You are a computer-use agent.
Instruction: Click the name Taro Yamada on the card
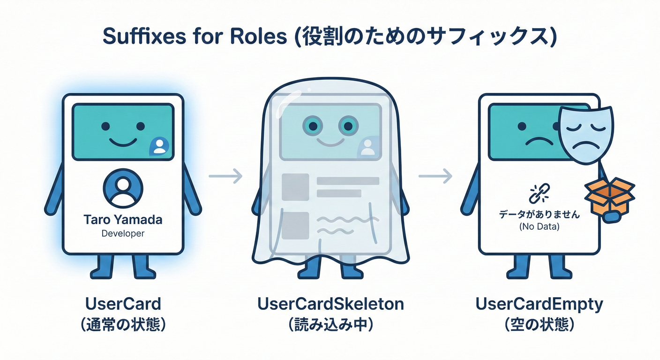[123, 219]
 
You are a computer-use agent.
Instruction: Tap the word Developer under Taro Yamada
[123, 233]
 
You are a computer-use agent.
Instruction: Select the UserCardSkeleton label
[330, 304]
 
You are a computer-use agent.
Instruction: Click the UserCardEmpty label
[539, 304]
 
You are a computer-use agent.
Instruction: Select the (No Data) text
[539, 227]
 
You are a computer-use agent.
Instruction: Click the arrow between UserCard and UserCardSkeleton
[225, 176]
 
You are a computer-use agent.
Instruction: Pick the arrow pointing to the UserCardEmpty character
[435, 176]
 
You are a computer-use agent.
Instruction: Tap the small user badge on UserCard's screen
[159, 146]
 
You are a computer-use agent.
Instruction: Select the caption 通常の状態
[123, 325]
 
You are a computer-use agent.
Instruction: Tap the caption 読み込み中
[330, 325]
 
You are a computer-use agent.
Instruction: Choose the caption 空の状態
[539, 325]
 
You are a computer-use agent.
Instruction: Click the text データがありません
[539, 215]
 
